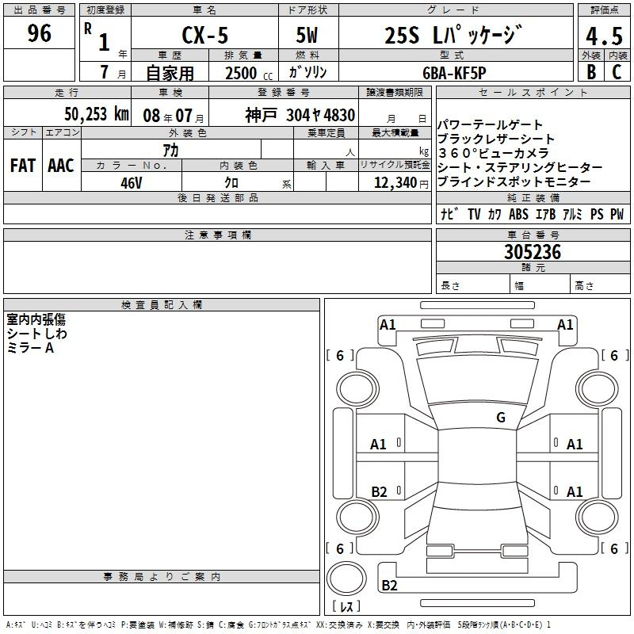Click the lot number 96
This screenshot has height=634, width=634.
coord(39,33)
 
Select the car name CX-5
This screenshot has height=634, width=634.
coord(205,35)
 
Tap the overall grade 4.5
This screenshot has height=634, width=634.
coord(604,36)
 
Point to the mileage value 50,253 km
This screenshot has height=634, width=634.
coord(97,114)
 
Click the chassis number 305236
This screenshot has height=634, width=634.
coord(533,252)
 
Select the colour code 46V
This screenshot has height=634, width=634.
coord(132,183)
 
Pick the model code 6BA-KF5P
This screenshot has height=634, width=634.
coord(454,73)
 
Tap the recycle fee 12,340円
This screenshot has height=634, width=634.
coord(401,183)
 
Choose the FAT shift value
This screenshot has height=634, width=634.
coord(23,166)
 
